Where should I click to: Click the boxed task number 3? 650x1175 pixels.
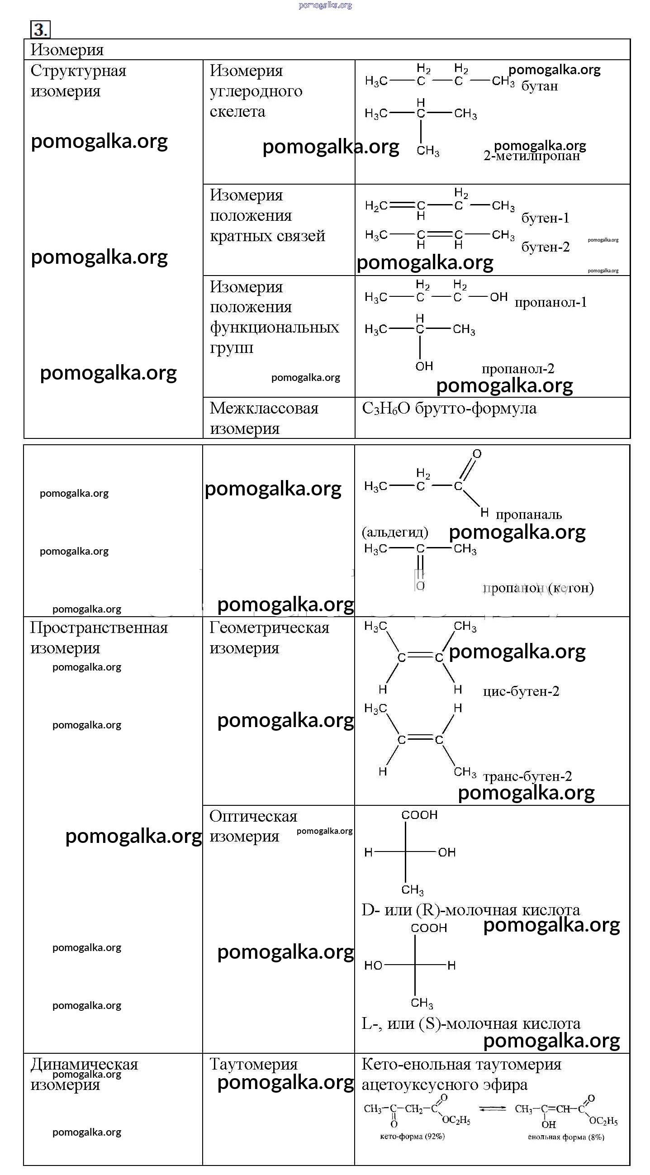(40, 30)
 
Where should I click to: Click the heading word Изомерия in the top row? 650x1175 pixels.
(67, 50)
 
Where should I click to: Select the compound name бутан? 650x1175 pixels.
(540, 86)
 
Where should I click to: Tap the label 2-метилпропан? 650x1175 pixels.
(531, 157)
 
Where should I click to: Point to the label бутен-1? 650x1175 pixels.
(545, 218)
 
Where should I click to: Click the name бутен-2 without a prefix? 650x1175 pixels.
(545, 247)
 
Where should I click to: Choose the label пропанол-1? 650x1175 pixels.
(550, 302)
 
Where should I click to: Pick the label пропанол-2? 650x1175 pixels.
(518, 369)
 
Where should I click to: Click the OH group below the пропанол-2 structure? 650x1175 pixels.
(424, 366)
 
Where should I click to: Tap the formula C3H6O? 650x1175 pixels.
(385, 409)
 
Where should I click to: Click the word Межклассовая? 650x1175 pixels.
(264, 408)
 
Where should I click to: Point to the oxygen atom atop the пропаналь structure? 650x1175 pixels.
(477, 454)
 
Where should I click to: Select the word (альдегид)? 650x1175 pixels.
(395, 532)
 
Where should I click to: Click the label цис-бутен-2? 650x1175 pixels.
(521, 691)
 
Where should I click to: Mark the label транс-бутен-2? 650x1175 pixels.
(527, 776)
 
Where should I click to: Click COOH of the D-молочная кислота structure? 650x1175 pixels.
(419, 815)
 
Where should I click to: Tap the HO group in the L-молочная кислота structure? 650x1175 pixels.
(373, 966)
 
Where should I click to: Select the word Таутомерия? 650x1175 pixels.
(253, 1064)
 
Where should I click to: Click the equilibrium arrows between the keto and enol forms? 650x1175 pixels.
(493, 1109)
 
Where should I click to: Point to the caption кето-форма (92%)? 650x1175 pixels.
(412, 1136)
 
